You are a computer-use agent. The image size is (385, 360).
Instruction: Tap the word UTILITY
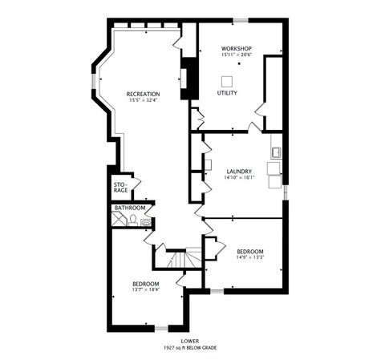click(227, 93)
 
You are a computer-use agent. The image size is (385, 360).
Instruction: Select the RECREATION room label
click(143, 94)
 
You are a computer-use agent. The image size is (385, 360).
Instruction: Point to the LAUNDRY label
click(239, 170)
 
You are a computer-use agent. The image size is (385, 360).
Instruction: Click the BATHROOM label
click(130, 208)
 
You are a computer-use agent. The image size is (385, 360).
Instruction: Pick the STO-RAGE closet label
click(120, 188)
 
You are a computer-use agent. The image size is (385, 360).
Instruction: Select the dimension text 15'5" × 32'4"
click(143, 100)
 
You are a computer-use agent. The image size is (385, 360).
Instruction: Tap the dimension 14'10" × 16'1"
click(239, 176)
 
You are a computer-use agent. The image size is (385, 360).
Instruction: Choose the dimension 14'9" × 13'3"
click(249, 257)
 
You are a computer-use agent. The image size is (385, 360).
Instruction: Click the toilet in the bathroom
click(132, 219)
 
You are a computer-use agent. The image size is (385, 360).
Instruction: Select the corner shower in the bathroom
click(117, 218)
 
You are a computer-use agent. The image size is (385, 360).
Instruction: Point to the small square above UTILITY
click(227, 79)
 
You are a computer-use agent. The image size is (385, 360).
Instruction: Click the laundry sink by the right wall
click(276, 152)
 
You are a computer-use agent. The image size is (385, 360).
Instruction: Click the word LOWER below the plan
click(190, 341)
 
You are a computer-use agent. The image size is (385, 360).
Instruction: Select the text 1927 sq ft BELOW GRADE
click(190, 347)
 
